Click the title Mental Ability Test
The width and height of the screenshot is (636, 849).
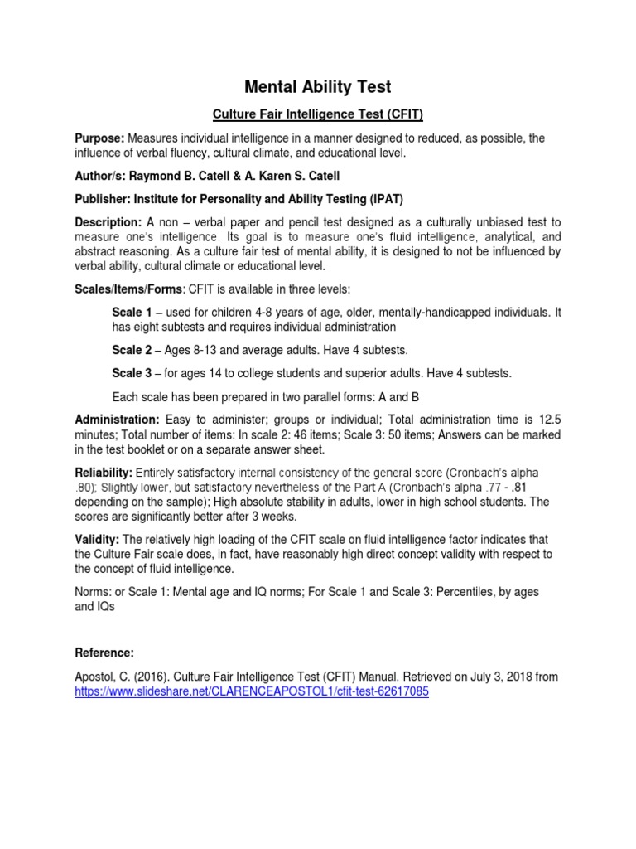pyautogui.click(x=317, y=86)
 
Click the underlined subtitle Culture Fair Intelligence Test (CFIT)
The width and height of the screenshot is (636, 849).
pyautogui.click(x=318, y=113)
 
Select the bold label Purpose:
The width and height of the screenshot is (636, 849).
pyautogui.click(x=99, y=138)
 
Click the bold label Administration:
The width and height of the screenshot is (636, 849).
pyautogui.click(x=117, y=420)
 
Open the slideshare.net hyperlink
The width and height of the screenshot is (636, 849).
pyautogui.click(x=251, y=692)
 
